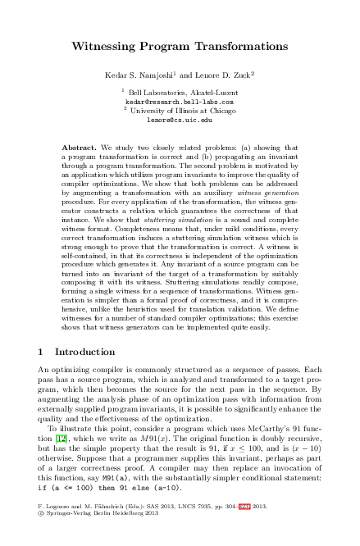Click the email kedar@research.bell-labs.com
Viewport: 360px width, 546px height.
[179, 102]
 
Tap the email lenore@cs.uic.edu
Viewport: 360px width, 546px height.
[179, 120]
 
